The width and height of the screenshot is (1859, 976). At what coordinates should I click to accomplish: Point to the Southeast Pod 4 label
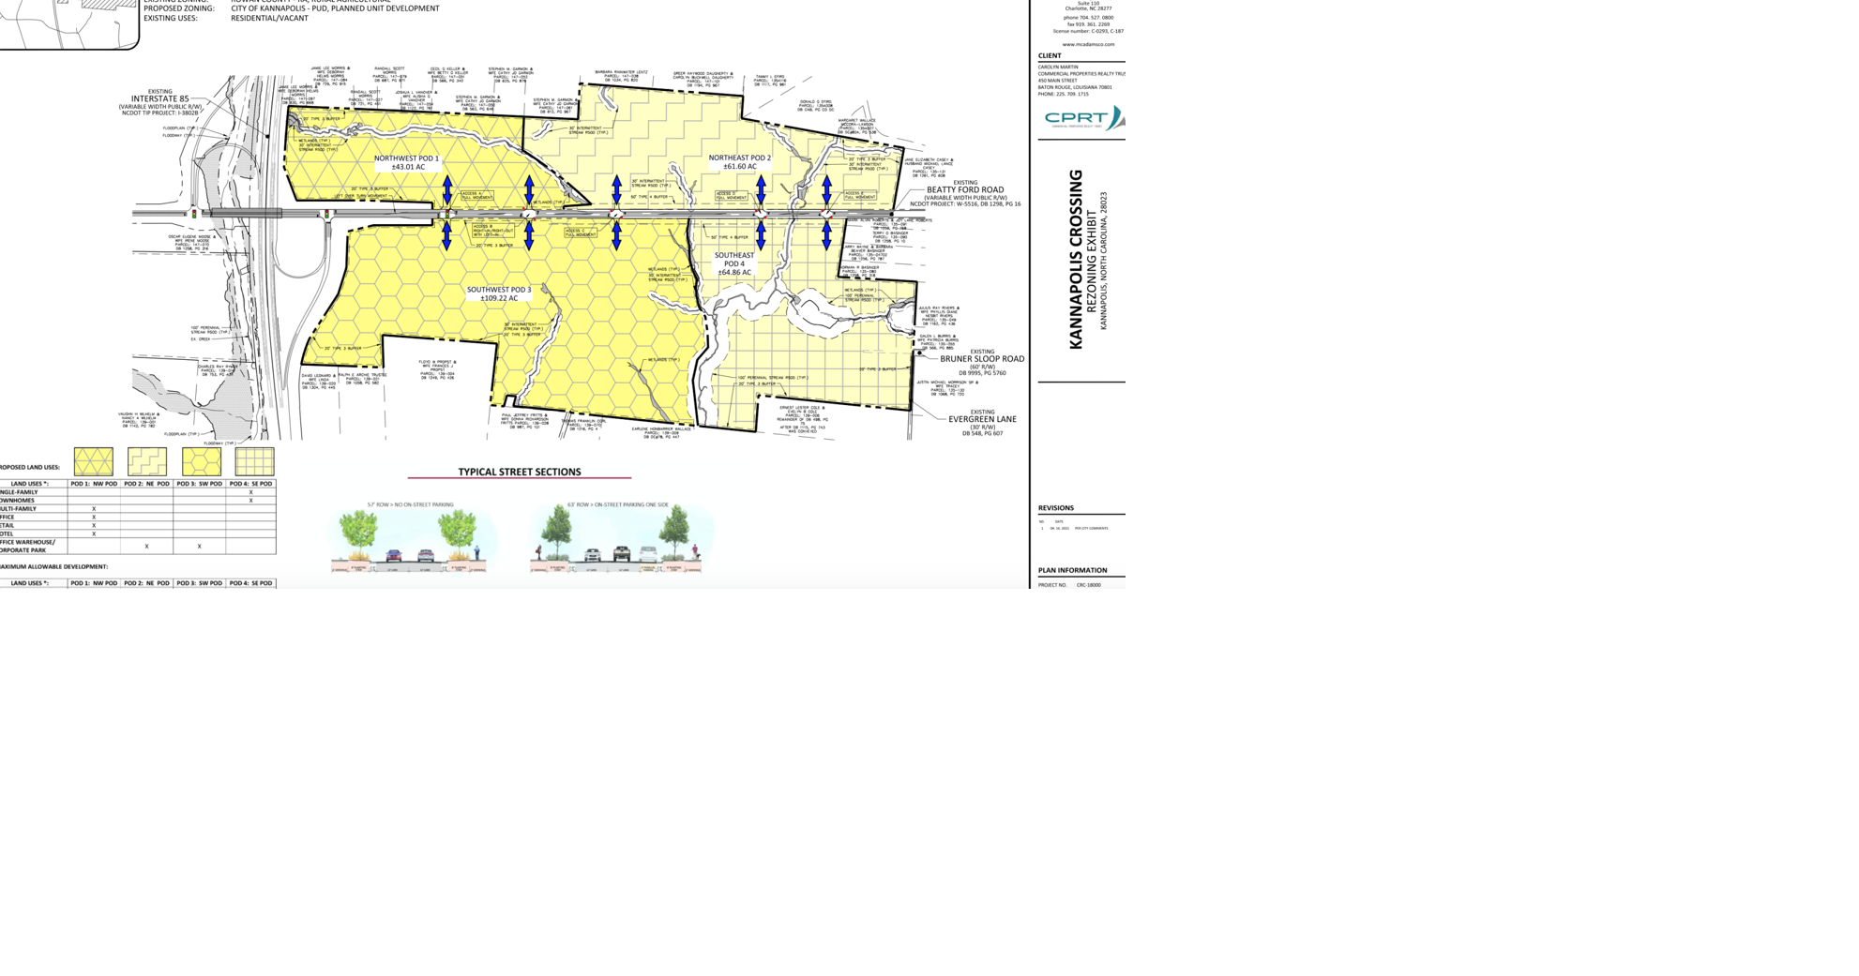click(734, 263)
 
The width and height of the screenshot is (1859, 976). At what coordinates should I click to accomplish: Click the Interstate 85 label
click(159, 98)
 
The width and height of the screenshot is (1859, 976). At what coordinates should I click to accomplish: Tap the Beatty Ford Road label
click(965, 189)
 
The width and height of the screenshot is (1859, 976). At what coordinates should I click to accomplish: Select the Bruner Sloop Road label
click(982, 358)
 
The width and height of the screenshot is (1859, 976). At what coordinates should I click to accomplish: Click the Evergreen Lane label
click(982, 419)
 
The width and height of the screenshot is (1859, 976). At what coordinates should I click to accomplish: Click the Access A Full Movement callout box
click(476, 196)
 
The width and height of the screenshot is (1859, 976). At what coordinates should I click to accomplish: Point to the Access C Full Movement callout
click(581, 232)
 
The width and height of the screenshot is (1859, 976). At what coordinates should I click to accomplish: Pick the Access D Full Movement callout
click(732, 196)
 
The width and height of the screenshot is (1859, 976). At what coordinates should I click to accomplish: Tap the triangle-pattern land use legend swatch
click(94, 461)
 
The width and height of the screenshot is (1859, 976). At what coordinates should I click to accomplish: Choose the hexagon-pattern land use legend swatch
click(201, 461)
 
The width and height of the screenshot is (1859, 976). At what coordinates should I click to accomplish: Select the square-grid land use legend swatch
click(254, 461)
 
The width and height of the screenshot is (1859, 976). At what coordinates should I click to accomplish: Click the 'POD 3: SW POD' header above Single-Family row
click(200, 484)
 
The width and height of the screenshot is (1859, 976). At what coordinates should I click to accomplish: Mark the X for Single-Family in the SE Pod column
click(250, 492)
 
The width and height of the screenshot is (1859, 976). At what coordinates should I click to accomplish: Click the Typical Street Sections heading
click(519, 472)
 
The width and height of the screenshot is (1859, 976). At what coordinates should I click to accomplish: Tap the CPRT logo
click(1082, 118)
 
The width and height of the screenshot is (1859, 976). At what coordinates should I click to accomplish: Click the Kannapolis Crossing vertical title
click(1076, 260)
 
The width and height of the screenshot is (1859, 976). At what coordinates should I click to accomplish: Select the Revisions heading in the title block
click(1055, 508)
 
